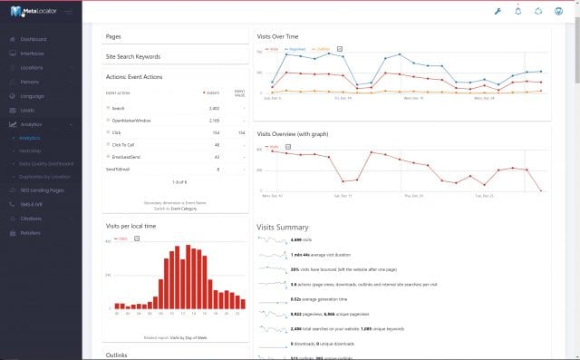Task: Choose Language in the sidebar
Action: tap(32, 95)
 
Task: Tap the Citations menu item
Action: tap(31, 219)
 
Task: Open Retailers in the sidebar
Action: tap(31, 233)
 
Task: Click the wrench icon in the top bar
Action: tap(497, 11)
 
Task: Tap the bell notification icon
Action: tap(518, 11)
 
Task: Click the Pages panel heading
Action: tap(113, 37)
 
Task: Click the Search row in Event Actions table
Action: tap(119, 107)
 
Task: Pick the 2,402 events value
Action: tap(213, 107)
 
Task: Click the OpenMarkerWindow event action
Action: tap(130, 120)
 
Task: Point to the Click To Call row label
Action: tap(124, 144)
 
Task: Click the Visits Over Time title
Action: tap(277, 36)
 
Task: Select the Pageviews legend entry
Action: tap(296, 48)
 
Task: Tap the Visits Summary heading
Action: tap(282, 227)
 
